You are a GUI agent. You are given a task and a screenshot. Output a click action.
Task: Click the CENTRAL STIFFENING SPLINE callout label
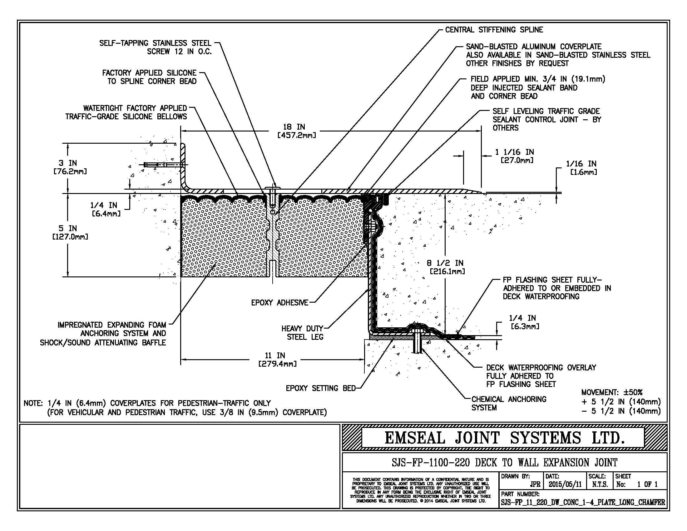click(x=494, y=30)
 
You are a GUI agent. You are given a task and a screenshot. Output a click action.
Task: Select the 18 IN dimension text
click(x=294, y=127)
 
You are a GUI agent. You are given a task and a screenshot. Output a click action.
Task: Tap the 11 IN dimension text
click(x=275, y=355)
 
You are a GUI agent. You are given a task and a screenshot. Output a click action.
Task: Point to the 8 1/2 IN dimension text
click(x=445, y=263)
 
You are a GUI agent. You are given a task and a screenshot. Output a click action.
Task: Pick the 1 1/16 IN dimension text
click(x=515, y=152)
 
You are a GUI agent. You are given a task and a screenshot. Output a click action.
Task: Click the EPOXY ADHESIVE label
click(x=280, y=303)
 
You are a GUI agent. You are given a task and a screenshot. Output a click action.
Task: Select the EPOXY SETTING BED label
click(x=320, y=388)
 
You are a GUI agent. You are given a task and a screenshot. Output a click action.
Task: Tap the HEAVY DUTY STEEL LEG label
click(x=302, y=333)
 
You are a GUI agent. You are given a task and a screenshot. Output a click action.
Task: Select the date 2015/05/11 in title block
click(x=565, y=484)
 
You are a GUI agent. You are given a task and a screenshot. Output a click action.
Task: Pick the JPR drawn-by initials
click(x=535, y=484)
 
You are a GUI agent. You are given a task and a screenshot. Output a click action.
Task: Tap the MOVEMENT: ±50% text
click(x=612, y=392)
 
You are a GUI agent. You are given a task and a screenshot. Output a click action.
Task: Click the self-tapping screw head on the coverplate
click(x=272, y=188)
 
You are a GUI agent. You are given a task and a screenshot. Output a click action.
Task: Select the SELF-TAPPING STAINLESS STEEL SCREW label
click(x=156, y=47)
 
